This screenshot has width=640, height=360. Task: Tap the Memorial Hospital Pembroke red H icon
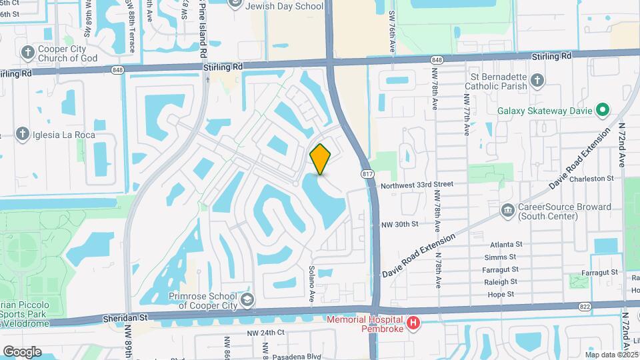pos(413,323)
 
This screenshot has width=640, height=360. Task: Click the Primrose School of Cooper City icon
pos(248,299)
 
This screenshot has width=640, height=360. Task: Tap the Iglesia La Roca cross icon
pos(22,135)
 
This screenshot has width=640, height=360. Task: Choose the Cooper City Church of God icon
pos(28,52)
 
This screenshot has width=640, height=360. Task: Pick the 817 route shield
pos(367,174)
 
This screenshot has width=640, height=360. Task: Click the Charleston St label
pos(592,178)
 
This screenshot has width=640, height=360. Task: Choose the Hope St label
pos(501,294)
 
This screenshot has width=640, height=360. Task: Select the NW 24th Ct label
pos(265,333)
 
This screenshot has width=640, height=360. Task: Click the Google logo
pos(21,351)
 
